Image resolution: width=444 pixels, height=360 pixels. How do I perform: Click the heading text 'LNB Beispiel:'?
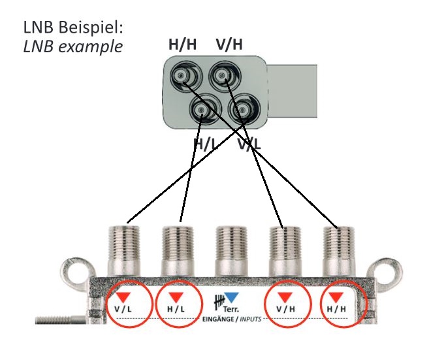coord(72,29)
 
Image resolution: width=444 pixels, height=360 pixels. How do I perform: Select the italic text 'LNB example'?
coord(72,47)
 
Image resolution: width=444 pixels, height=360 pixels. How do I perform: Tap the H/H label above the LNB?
coord(183,44)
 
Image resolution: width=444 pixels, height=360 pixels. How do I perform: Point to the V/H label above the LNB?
coord(229,44)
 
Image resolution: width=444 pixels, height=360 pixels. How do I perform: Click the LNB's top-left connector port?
coord(182,78)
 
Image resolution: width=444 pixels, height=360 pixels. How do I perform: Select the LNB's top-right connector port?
coord(223,78)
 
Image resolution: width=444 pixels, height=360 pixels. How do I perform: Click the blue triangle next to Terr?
coord(232,298)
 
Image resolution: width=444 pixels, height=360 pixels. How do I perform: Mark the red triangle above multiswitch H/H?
coord(337,297)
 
